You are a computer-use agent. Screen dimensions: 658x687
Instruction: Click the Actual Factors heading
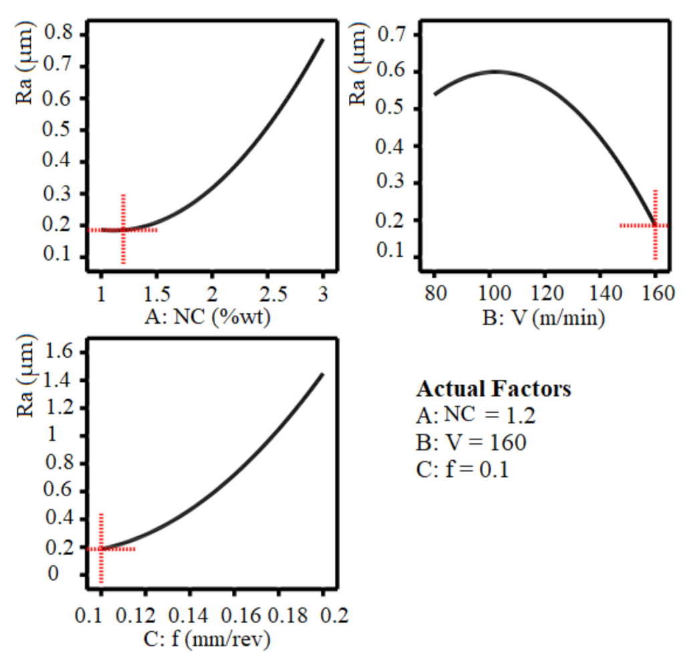(494, 389)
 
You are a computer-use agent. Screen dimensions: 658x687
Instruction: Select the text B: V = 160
(470, 443)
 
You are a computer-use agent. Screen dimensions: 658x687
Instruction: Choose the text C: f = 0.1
(462, 469)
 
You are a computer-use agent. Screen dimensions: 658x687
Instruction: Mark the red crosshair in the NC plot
(124, 229)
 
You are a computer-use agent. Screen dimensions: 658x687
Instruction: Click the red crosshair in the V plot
(655, 225)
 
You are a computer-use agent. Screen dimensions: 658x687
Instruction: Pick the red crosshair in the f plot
(101, 548)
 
